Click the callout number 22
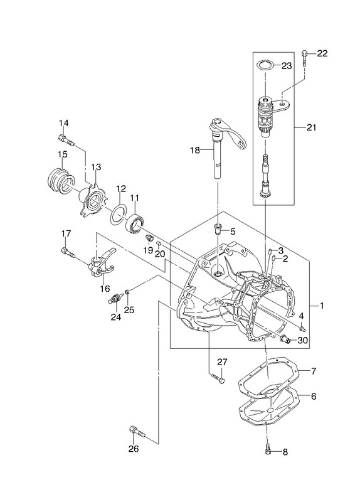[x=322, y=53]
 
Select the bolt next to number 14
[x=66, y=141]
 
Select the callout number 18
[x=195, y=150]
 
